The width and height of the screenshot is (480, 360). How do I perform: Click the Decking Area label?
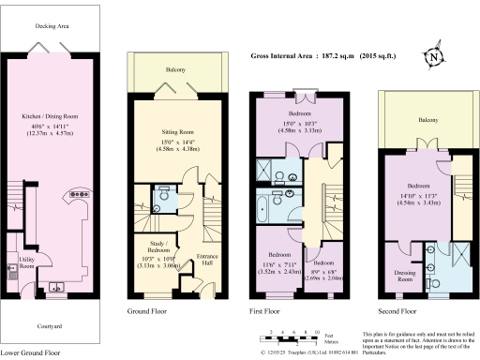[x=52, y=27]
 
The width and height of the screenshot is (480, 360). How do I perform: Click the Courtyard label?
[x=52, y=325]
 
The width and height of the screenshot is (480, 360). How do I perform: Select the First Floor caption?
[x=267, y=310]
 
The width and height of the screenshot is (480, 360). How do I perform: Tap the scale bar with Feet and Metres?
[x=290, y=337]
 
